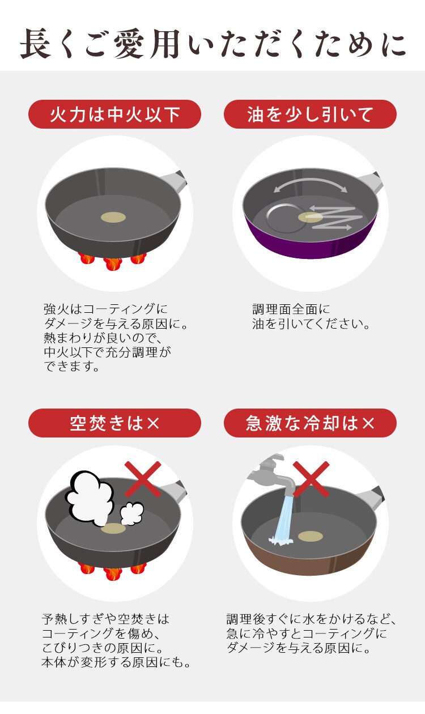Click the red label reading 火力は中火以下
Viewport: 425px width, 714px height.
pos(115,114)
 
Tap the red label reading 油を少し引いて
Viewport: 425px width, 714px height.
pos(310,114)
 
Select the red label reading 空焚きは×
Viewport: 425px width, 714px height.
pos(115,423)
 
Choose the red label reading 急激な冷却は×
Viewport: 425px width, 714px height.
pos(310,423)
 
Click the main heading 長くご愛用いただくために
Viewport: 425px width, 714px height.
pos(212,44)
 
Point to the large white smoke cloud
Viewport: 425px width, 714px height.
pos(90,498)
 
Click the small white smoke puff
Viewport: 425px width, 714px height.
pos(131,513)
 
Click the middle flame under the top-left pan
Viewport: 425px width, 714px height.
pos(113,263)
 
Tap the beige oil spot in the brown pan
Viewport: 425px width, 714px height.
pos(310,536)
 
